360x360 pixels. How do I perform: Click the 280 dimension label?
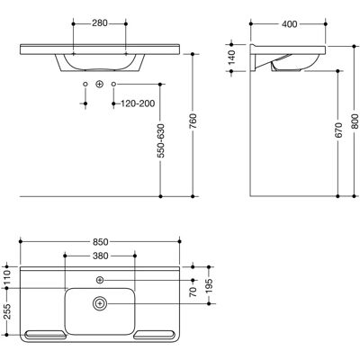(x=99, y=23)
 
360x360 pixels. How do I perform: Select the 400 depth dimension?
(x=289, y=24)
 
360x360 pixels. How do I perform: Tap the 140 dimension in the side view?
(x=231, y=58)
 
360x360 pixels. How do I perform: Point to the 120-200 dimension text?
(x=138, y=103)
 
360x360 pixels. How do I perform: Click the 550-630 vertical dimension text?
(x=161, y=140)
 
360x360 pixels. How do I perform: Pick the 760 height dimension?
(x=193, y=121)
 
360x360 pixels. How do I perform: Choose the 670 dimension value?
(x=338, y=130)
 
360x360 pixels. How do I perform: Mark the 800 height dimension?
(x=355, y=121)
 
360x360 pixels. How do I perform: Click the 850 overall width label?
(x=100, y=242)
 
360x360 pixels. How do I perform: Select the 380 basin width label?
(x=100, y=256)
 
